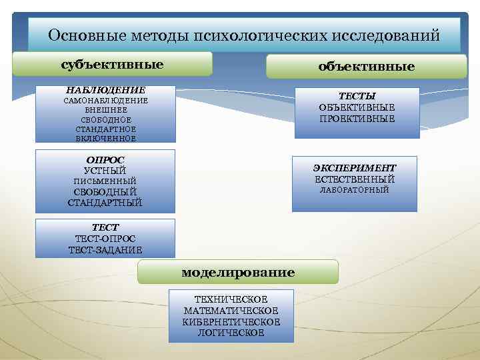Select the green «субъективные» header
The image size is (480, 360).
[112, 64]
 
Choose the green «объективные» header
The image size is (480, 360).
[366, 67]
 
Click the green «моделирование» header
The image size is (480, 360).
[238, 273]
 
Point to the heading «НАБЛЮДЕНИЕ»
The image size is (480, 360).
[105, 89]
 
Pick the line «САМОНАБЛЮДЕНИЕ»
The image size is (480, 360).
[105, 100]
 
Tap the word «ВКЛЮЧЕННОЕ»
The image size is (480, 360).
[105, 138]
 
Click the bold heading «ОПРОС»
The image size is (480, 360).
[105, 160]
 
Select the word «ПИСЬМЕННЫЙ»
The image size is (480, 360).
[105, 181]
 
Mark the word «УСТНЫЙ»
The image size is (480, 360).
[105, 171]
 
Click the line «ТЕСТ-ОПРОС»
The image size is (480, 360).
[105, 239]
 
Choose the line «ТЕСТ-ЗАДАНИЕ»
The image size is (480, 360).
[105, 250]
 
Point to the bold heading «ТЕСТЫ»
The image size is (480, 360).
[357, 95]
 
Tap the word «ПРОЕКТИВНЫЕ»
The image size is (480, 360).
[357, 119]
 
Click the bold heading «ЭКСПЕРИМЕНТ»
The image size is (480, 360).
[355, 168]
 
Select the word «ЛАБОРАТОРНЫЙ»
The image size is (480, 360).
[355, 191]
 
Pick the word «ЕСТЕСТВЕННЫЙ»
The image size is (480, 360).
[355, 179]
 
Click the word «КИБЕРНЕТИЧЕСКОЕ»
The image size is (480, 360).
[231, 322]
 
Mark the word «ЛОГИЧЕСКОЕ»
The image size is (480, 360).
[231, 333]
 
